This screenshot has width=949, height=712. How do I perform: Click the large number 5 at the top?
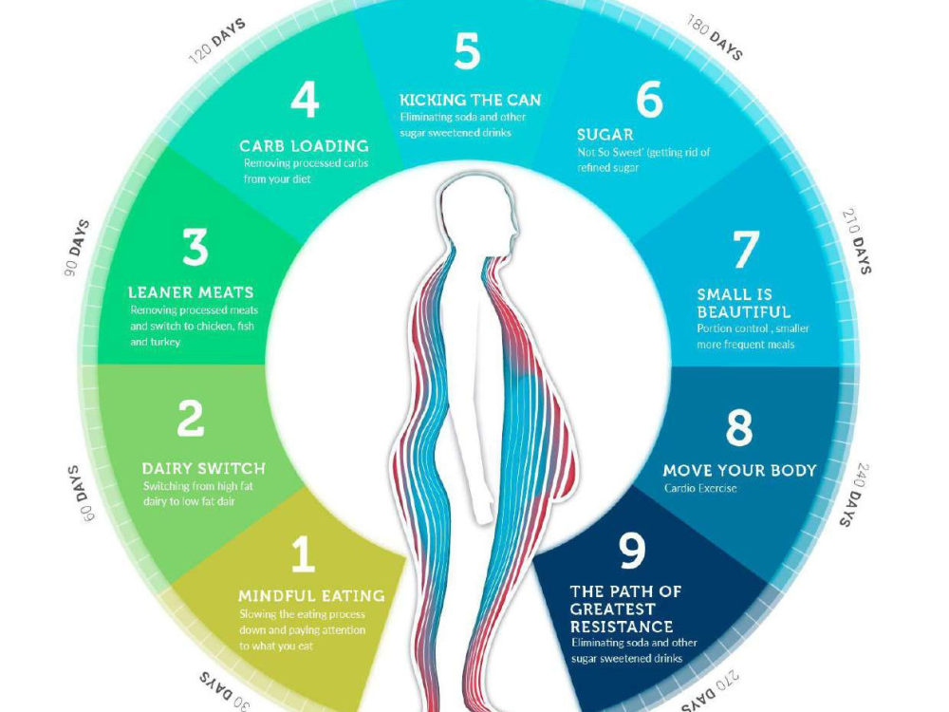(x=467, y=51)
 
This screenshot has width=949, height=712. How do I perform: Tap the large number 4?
(x=305, y=100)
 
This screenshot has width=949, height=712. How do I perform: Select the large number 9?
(x=632, y=550)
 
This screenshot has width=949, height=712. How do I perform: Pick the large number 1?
(x=304, y=554)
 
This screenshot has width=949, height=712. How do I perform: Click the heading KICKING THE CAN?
(x=471, y=100)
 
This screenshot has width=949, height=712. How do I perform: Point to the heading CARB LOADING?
(x=304, y=146)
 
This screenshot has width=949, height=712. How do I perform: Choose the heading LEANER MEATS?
(x=191, y=292)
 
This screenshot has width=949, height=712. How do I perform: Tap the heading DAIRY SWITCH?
(x=203, y=469)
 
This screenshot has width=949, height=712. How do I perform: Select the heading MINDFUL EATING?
(x=311, y=596)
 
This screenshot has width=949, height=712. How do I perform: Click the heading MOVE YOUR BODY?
(x=739, y=471)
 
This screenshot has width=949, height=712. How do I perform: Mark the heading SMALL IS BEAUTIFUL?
(x=744, y=304)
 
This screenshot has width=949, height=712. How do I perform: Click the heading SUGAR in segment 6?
(x=605, y=135)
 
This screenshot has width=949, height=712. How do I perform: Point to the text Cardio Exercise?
(x=700, y=489)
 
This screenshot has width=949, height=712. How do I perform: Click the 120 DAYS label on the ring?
(x=217, y=41)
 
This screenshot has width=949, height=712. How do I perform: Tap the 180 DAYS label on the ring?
(x=715, y=38)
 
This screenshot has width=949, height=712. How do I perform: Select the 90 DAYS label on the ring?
(x=77, y=249)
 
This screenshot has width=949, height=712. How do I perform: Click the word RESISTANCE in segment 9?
(x=622, y=626)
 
